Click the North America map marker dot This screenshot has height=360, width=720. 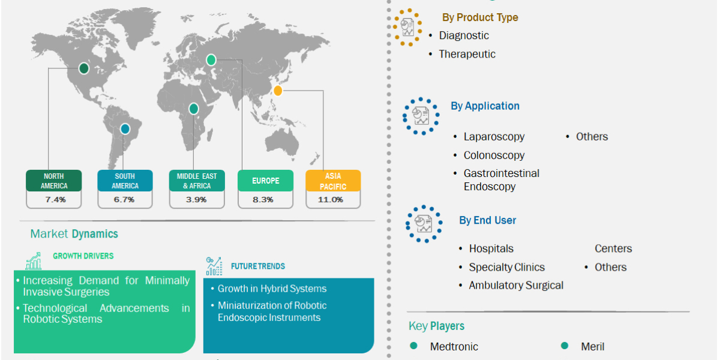pyautogui.click(x=84, y=68)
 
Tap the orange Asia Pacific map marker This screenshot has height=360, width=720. pyautogui.click(x=277, y=91)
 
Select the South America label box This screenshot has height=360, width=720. pyautogui.click(x=125, y=181)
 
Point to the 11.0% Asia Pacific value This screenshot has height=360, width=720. pyautogui.click(x=333, y=199)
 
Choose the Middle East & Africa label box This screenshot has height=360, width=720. pyautogui.click(x=197, y=181)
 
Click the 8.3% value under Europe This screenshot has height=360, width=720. pyautogui.click(x=265, y=199)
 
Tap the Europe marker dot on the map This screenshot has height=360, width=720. pyautogui.click(x=211, y=59)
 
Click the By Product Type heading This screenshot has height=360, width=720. pyautogui.click(x=480, y=17)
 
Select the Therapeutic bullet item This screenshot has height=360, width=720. pyautogui.click(x=467, y=54)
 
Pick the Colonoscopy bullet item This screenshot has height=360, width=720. pyautogui.click(x=494, y=155)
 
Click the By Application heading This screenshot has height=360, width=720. pyautogui.click(x=485, y=106)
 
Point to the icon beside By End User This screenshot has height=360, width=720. pyautogui.click(x=424, y=223)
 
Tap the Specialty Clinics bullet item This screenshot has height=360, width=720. pyautogui.click(x=506, y=268)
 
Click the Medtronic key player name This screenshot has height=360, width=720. pyautogui.click(x=454, y=347)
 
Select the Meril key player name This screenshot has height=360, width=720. pyautogui.click(x=592, y=347)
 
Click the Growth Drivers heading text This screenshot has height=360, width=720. pyautogui.click(x=83, y=256)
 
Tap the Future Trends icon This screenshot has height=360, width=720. pyautogui.click(x=214, y=265)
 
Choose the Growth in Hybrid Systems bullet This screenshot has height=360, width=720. pyautogui.click(x=272, y=289)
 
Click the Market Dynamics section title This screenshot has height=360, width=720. pyautogui.click(x=74, y=234)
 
